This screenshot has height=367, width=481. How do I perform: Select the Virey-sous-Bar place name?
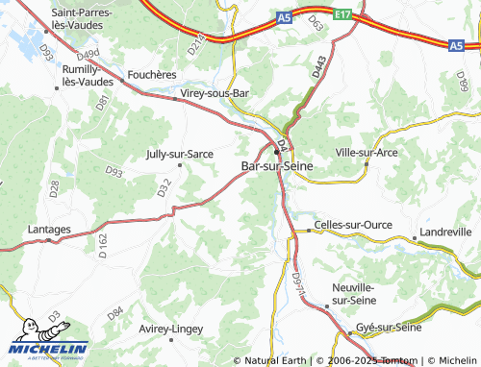point(215,94)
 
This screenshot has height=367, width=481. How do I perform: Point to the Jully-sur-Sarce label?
point(179,153)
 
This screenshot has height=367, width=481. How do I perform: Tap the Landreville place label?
point(445,232)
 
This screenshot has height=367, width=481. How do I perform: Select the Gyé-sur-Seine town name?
point(389,328)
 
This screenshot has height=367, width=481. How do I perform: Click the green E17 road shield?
point(342,13)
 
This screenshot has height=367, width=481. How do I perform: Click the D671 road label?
point(296,282)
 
